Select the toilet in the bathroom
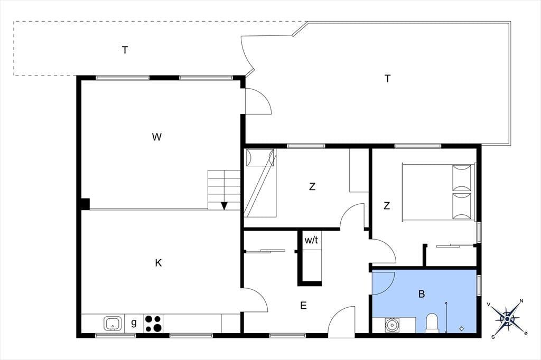432,323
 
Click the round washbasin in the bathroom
391,325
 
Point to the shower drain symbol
462,329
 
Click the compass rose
507,319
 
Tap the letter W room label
156,137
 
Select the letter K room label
158,263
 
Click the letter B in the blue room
421,294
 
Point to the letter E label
303,306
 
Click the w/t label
311,240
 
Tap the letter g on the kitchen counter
134,323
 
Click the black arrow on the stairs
224,206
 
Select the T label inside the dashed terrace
125,50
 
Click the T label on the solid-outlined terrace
387,79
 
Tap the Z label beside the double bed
387,206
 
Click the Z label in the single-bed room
312,186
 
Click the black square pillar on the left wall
85,204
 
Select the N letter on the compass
521,301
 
